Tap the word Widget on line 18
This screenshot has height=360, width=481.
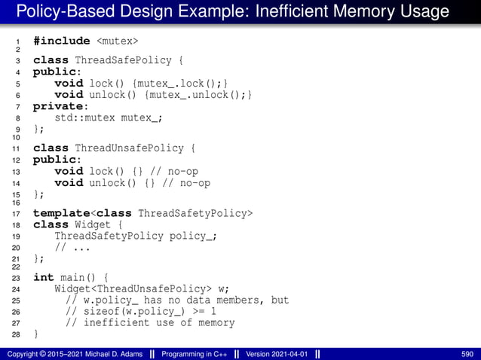click(x=93, y=224)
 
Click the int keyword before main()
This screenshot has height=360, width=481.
click(x=44, y=277)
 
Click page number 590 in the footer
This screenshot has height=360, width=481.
click(x=467, y=353)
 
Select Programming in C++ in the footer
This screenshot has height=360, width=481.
click(x=195, y=353)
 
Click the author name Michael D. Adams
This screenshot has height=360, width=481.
click(x=110, y=353)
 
